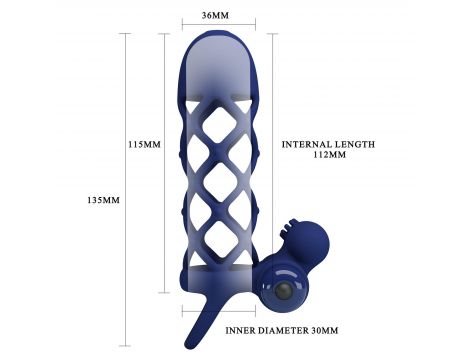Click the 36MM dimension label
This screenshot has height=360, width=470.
[215, 15]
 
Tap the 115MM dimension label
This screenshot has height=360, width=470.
[144, 144]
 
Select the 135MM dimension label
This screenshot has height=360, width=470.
[103, 200]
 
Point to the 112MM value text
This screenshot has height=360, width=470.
[330, 155]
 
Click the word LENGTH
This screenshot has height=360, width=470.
[355, 144]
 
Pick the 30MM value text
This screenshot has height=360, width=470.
[325, 330]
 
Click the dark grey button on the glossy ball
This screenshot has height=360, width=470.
[282, 291]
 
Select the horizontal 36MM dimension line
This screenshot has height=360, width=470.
[219, 24]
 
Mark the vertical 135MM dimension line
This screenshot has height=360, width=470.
[125, 190]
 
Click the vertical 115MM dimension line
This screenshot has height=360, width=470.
[164, 163]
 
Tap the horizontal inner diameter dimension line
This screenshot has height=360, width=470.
[219, 312]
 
